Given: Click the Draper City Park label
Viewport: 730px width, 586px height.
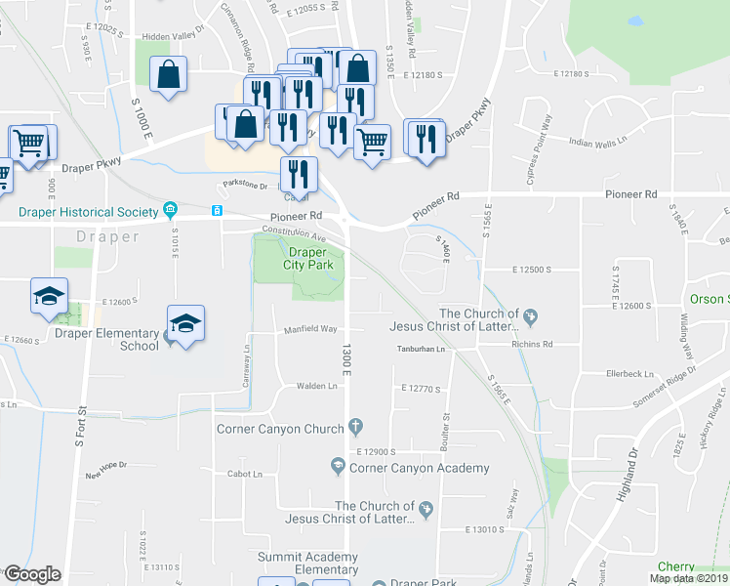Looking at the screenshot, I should pyautogui.click(x=308, y=258).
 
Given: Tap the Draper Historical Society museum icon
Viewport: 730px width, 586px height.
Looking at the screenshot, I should pyautogui.click(x=170, y=210).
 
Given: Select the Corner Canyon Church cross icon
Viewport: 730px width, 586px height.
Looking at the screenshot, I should pyautogui.click(x=356, y=427).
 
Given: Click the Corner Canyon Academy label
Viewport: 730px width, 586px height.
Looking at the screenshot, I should pyautogui.click(x=405, y=468).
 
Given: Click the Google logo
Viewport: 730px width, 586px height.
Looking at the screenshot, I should pyautogui.click(x=32, y=574).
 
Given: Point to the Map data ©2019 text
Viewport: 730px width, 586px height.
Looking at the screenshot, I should pyautogui.click(x=687, y=578).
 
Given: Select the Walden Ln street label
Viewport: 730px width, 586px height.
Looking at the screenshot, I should pyautogui.click(x=317, y=387).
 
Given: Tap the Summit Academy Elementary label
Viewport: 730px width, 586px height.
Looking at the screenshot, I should pyautogui.click(x=307, y=563).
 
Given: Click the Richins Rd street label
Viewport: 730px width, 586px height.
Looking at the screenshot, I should pyautogui.click(x=532, y=344).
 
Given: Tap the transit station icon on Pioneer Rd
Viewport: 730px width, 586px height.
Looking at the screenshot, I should pyautogui.click(x=217, y=210).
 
